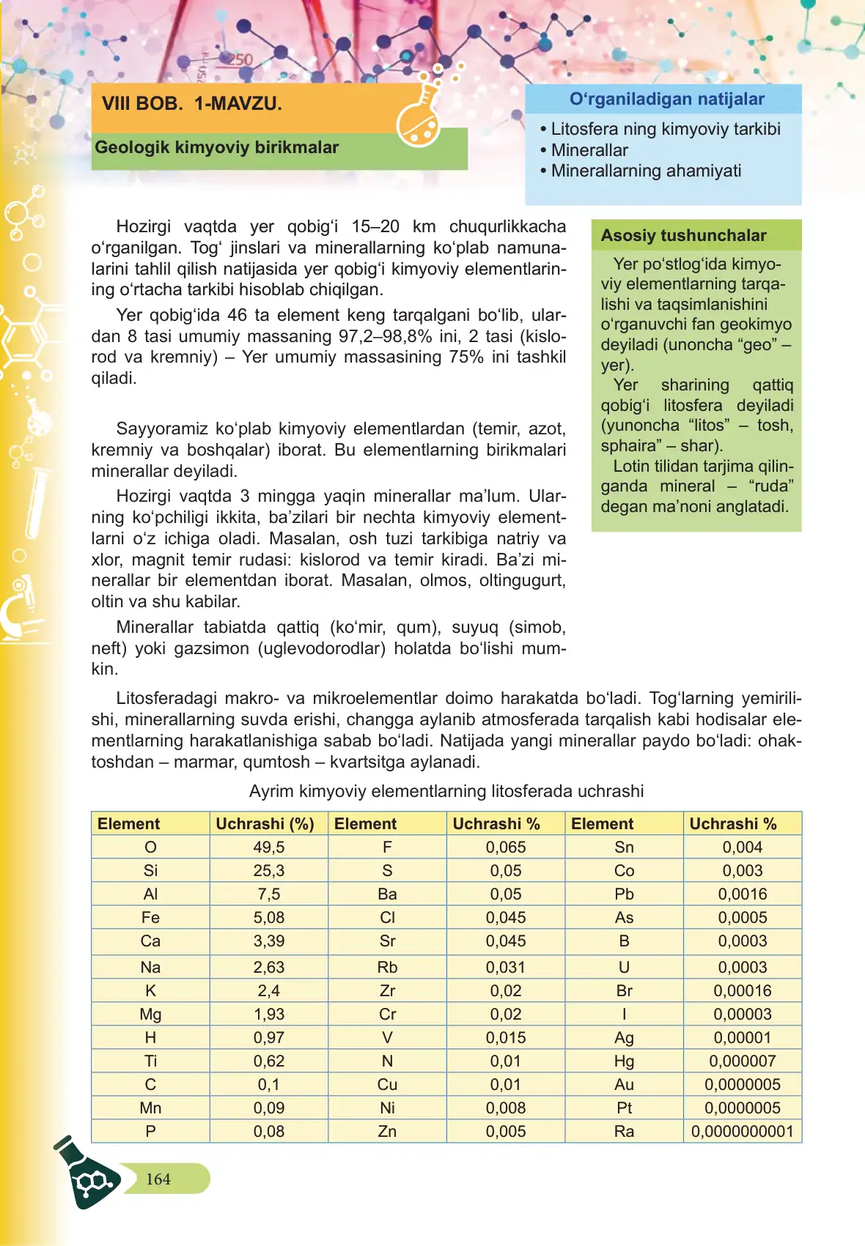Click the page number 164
[x=158, y=1179]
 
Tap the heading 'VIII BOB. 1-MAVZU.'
[x=192, y=104]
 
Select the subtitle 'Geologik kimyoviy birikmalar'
[x=217, y=147]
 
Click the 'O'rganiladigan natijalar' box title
[x=666, y=100]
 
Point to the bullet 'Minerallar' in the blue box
[x=589, y=150]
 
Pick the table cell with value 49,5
[x=268, y=848]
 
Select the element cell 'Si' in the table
[x=150, y=871]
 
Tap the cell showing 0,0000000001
[x=742, y=1132]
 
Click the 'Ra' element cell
[x=624, y=1132]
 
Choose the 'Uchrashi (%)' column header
[x=265, y=824]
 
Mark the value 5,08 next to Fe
[x=268, y=918]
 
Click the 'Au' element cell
[x=624, y=1085]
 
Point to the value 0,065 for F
[x=506, y=848]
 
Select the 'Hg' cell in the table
[x=624, y=1061]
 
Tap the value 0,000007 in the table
[x=742, y=1061]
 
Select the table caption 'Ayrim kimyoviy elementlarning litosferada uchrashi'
[x=446, y=792]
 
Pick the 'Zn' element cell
[x=387, y=1132]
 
